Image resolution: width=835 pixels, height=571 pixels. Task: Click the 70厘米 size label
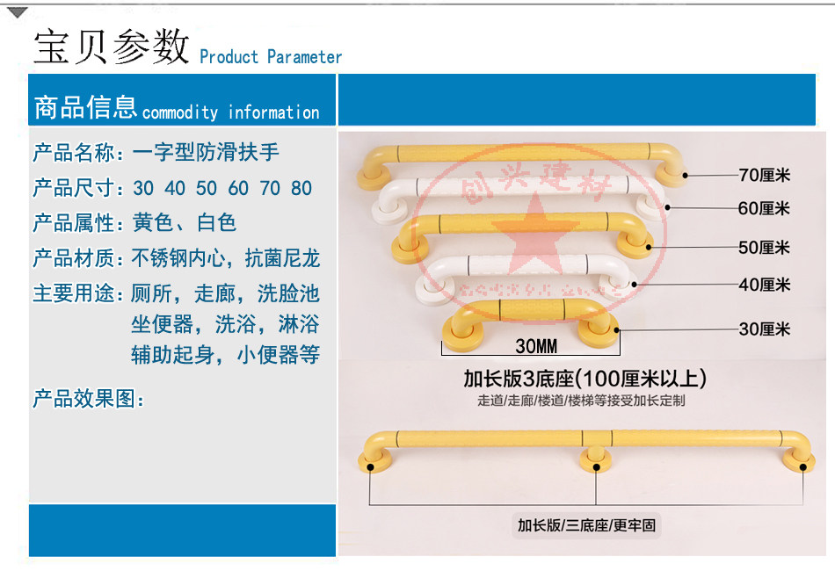coord(764,175)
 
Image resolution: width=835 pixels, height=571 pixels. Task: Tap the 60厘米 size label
coord(764,208)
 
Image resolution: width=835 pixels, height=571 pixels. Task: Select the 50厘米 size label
coord(764,248)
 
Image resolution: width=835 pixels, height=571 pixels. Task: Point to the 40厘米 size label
coord(764,285)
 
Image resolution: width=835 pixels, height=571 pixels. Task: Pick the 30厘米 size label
coord(764,329)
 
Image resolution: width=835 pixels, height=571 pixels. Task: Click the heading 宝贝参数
coord(112,46)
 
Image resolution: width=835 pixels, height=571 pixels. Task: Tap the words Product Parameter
coord(271,57)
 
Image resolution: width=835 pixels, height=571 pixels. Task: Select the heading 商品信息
coord(85,107)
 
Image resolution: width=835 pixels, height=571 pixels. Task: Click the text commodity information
coord(230,112)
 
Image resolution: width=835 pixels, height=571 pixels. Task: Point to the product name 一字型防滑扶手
coord(206,152)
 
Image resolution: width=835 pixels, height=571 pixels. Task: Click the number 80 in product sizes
coord(301,188)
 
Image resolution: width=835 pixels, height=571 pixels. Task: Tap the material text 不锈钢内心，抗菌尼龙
coord(226,258)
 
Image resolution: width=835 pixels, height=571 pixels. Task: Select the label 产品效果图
coord(88,399)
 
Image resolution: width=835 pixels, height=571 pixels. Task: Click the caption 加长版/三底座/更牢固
coord(587,526)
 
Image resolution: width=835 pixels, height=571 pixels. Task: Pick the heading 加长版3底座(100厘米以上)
coord(584,379)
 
